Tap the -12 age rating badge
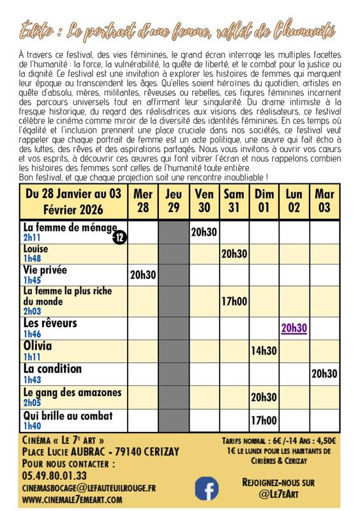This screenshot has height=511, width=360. (119, 237)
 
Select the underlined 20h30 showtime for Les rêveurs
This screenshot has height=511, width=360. (294, 328)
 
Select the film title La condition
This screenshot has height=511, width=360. (52, 369)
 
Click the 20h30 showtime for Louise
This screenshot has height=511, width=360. (234, 254)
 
